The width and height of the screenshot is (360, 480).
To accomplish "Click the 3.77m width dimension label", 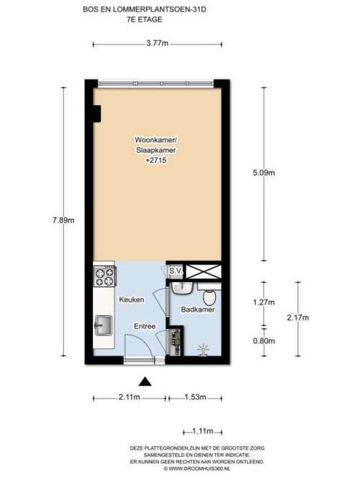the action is [x=157, y=43].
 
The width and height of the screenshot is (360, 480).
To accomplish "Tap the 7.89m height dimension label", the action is [x=63, y=220].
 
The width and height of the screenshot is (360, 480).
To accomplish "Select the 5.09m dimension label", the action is [x=264, y=173].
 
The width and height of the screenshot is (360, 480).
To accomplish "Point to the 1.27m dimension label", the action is [x=264, y=302].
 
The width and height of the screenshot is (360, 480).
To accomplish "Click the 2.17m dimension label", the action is [x=298, y=317].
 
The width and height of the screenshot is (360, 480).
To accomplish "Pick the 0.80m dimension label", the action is [x=264, y=340].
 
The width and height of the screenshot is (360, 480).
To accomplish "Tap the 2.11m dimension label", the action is [x=130, y=397].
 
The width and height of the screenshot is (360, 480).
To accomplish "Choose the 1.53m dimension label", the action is [x=195, y=397].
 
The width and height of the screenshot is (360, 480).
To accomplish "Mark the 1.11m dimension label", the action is [x=203, y=431].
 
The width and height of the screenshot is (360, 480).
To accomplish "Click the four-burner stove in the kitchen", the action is [x=104, y=277].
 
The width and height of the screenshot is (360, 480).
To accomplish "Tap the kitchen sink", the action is [x=103, y=325].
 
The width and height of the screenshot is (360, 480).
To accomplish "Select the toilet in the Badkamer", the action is [x=210, y=297].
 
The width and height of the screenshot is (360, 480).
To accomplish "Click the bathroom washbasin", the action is [x=182, y=288].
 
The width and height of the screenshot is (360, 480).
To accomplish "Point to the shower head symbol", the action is [x=204, y=350].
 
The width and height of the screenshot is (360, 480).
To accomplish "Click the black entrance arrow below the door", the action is [x=145, y=381].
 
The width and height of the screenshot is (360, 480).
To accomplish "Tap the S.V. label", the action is [x=176, y=271].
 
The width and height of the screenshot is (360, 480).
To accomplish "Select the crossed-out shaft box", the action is [x=203, y=271].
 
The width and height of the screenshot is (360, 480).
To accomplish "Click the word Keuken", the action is [x=132, y=299].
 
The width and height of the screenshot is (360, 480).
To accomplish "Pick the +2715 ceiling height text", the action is [x=156, y=160].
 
